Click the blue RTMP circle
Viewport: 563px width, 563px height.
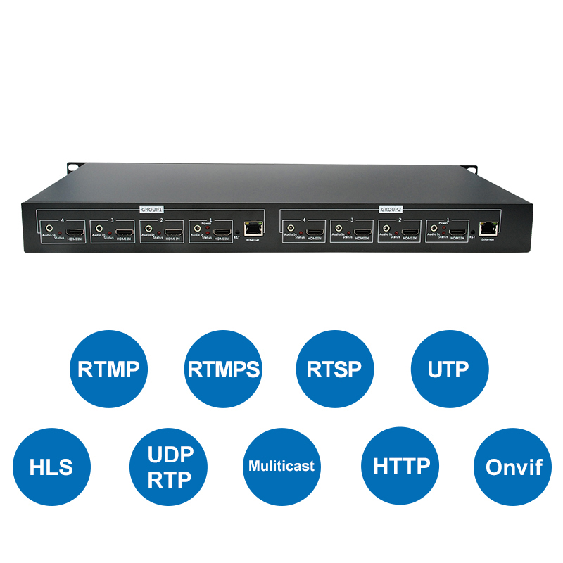click(108, 369)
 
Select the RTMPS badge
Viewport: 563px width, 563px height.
click(223, 369)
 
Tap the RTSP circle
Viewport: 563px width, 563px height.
click(335, 369)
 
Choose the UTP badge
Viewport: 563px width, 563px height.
click(449, 369)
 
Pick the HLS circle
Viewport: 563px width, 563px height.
click(51, 466)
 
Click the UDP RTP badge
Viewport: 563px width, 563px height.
click(170, 466)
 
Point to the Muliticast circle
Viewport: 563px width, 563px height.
click(281, 466)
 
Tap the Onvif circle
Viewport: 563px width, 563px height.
click(512, 466)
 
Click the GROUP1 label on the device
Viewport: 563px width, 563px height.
click(153, 209)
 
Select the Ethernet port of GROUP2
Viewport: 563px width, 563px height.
click(486, 228)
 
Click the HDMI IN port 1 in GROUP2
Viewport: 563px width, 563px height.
click(458, 231)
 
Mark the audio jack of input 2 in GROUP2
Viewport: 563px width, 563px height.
click(386, 229)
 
